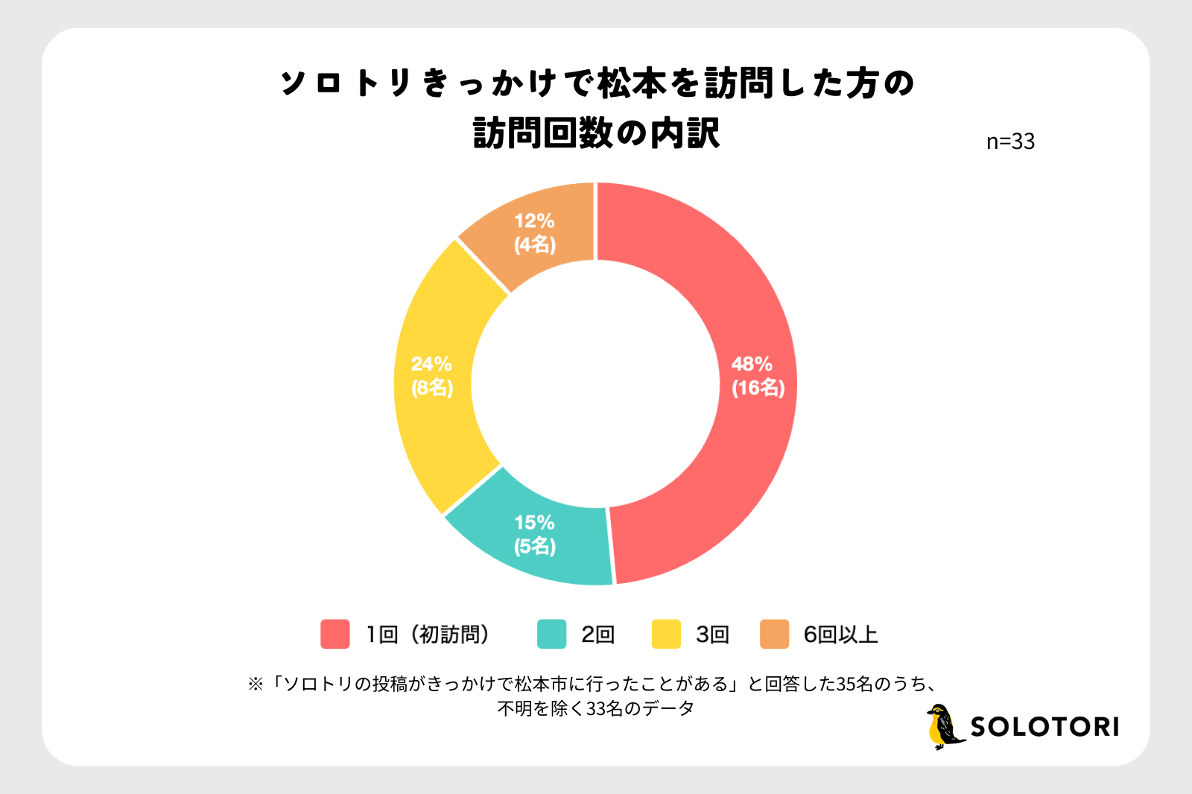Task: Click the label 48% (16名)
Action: tap(758, 376)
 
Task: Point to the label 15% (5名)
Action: tap(535, 534)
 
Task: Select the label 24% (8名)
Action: tap(432, 375)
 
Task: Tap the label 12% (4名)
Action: tap(535, 232)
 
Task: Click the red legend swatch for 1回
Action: tap(335, 634)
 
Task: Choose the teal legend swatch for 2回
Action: tap(551, 634)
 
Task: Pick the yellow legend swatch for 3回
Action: tap(666, 634)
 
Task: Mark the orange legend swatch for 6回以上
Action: tap(774, 634)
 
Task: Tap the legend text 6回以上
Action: tap(840, 635)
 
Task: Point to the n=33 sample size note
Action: tap(1010, 142)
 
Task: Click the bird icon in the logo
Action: tap(943, 726)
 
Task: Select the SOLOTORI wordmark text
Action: tap(1044, 727)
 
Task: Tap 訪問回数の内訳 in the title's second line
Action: tap(597, 133)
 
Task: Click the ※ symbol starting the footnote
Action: tap(256, 684)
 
